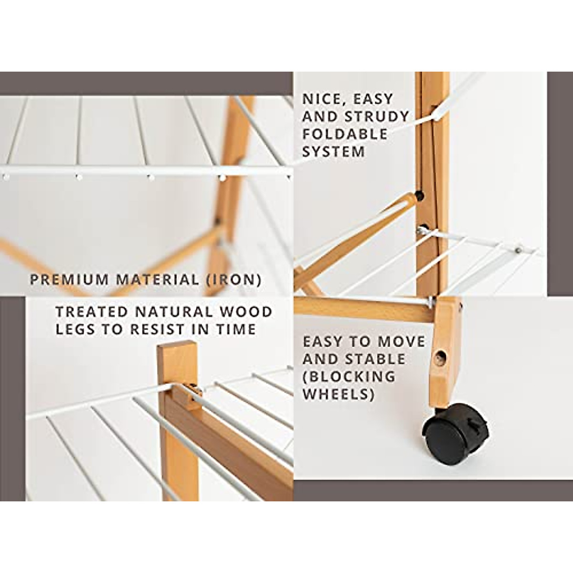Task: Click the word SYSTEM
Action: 333,151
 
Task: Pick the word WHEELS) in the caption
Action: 338,394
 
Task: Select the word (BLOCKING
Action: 349,376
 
